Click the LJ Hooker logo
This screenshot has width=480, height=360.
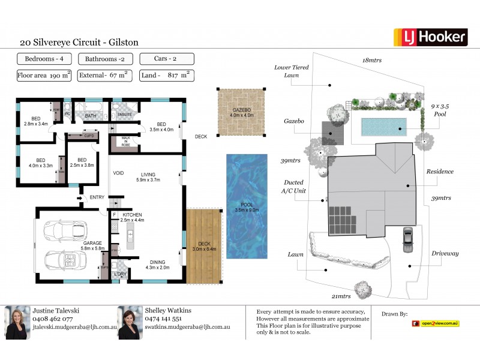[430, 37]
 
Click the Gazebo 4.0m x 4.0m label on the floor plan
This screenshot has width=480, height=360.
[242, 112]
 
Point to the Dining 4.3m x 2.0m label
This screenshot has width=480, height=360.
[157, 264]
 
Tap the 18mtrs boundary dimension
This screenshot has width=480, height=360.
[372, 61]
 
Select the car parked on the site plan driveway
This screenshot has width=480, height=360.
[408, 240]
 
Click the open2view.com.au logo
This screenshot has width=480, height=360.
[436, 323]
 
